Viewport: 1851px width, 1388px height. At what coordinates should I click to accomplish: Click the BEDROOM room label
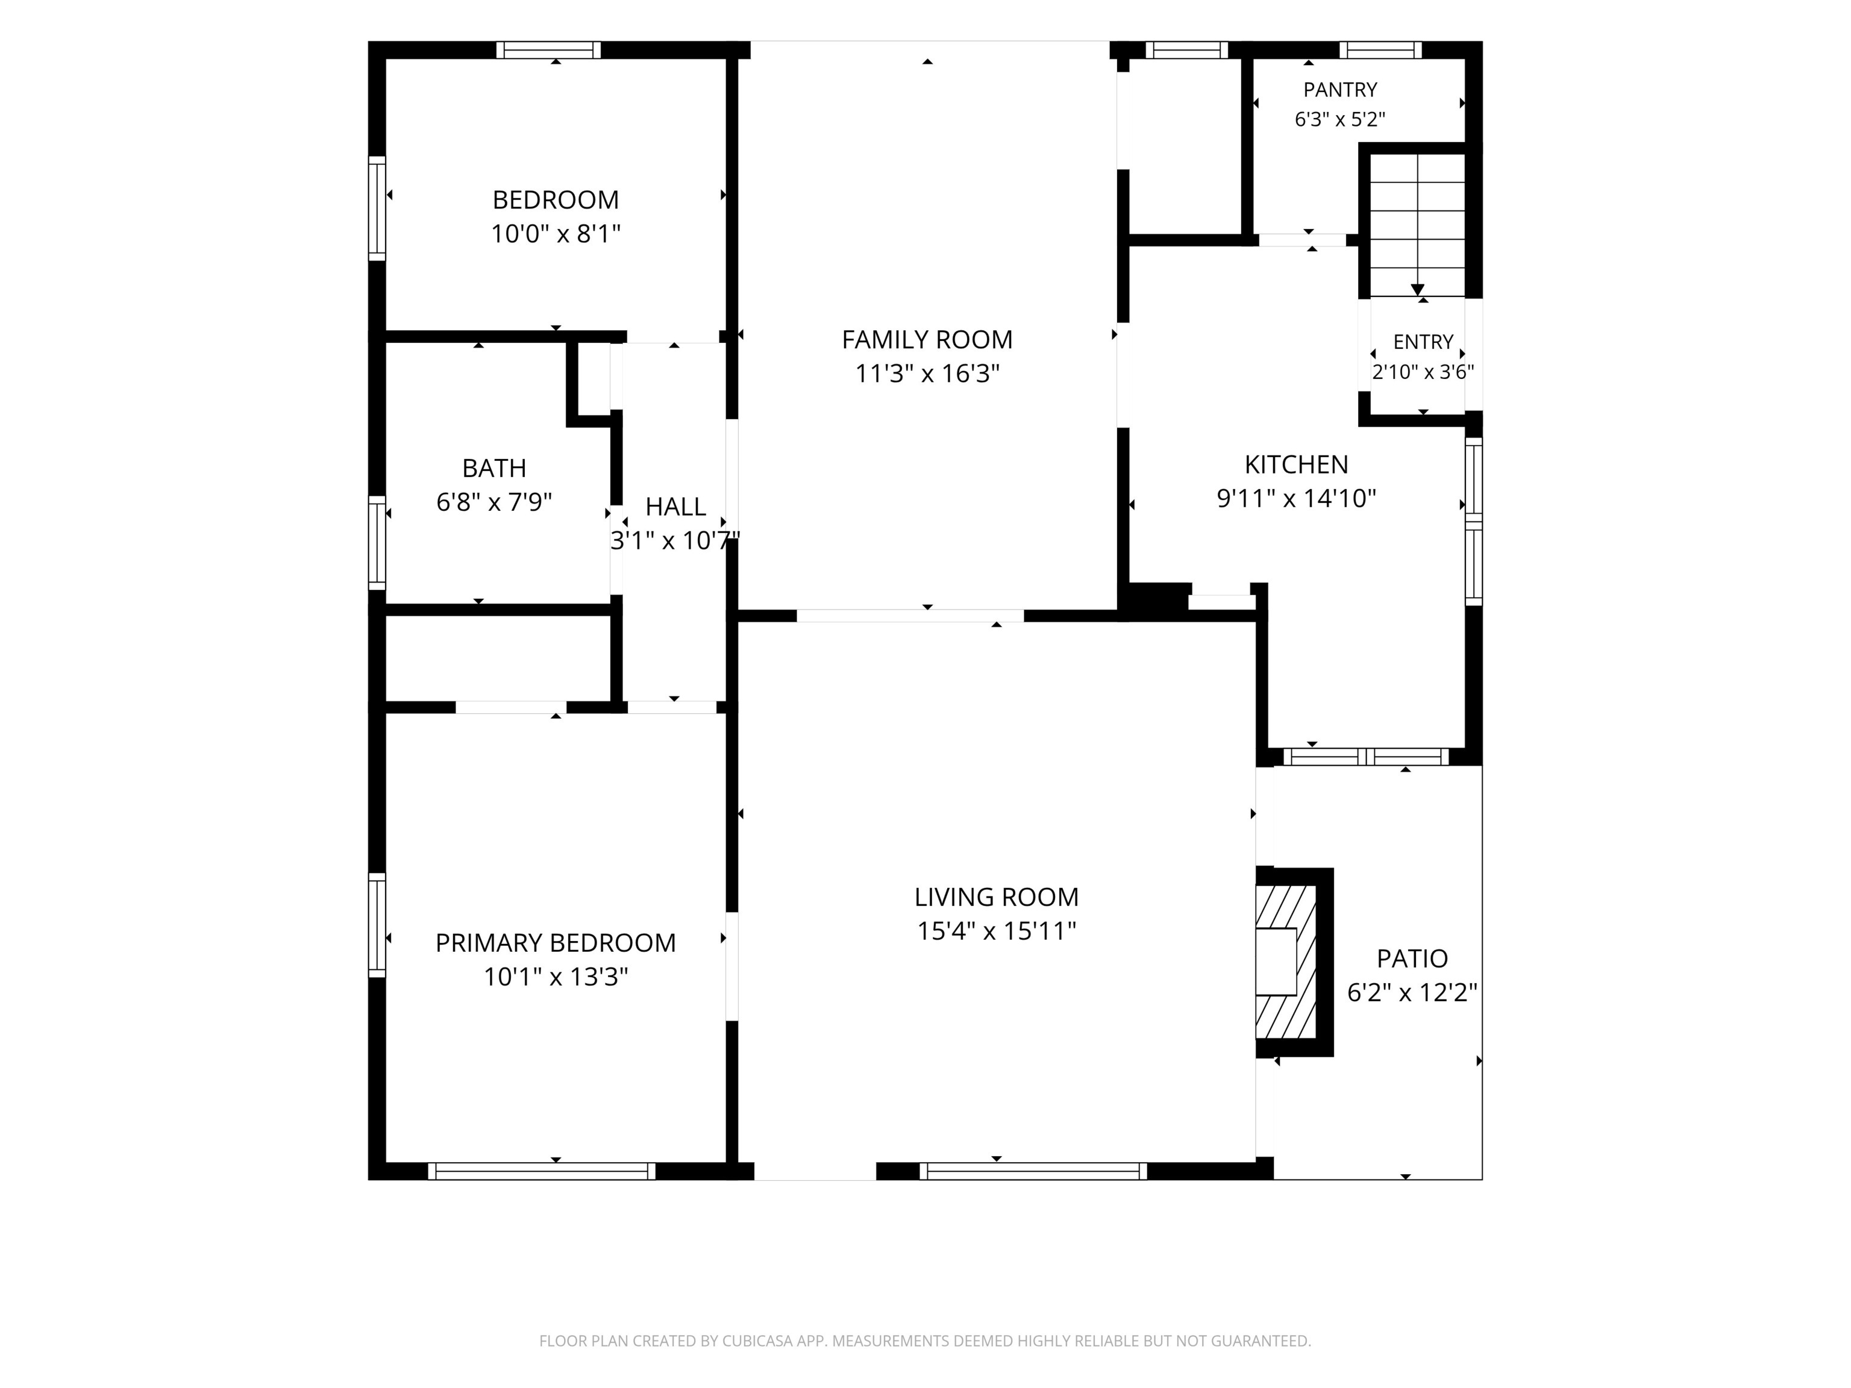[x=556, y=200]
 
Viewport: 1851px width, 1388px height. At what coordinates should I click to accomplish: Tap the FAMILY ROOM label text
[x=927, y=340]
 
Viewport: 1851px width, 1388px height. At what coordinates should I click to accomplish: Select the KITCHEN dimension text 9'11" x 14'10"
[x=1296, y=499]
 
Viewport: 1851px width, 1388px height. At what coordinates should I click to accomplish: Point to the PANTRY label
[x=1339, y=90]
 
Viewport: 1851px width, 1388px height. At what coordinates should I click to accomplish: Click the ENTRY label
[x=1423, y=342]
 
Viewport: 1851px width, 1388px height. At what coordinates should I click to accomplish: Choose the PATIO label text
[x=1412, y=959]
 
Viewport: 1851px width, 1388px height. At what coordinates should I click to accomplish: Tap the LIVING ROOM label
[x=997, y=898]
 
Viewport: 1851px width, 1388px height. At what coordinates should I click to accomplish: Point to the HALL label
[x=675, y=507]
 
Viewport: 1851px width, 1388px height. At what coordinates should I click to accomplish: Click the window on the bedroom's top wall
[x=548, y=50]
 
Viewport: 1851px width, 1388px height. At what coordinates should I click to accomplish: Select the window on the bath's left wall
[x=377, y=543]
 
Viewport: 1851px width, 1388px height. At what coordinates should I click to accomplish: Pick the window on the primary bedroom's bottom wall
[x=542, y=1171]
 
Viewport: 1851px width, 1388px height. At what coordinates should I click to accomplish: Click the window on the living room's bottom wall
[x=1033, y=1171]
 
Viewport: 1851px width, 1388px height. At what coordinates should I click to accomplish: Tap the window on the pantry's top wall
[x=1381, y=50]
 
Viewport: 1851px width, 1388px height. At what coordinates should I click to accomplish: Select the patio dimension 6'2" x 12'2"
[x=1412, y=993]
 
